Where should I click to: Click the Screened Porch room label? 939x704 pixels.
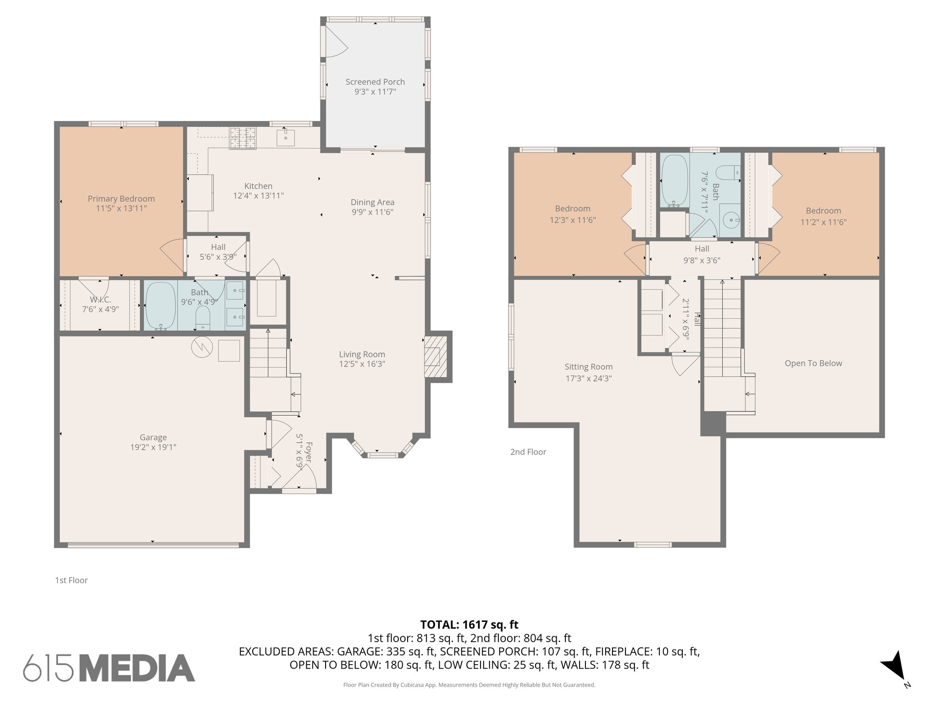click(375, 82)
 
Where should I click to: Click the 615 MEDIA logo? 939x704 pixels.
click(109, 668)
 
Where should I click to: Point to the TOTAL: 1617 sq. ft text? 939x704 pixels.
click(469, 624)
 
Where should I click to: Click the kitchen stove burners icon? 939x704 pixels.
click(243, 138)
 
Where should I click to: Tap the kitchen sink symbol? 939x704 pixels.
click(286, 137)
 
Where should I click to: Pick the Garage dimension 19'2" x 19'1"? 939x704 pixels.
click(153, 447)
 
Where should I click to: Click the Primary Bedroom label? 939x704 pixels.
click(121, 198)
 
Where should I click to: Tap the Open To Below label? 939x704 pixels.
click(813, 363)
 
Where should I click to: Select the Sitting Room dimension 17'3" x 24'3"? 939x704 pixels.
click(588, 379)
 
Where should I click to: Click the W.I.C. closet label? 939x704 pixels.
click(100, 300)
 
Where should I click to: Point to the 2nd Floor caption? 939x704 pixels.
click(528, 452)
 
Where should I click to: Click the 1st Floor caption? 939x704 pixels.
click(71, 580)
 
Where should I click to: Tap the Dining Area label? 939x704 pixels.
click(372, 202)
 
